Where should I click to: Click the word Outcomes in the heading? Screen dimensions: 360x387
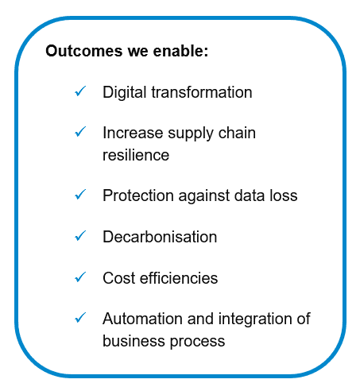click(x=84, y=51)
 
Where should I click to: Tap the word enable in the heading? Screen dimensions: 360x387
click(x=180, y=51)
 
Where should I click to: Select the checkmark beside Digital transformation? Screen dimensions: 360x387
click(x=80, y=91)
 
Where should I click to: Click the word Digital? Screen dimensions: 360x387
click(x=125, y=93)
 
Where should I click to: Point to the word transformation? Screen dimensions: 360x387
click(x=202, y=92)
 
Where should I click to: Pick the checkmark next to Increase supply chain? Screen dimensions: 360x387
click(x=80, y=132)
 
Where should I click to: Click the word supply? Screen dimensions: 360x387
click(x=191, y=134)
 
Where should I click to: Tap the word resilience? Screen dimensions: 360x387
click(x=136, y=155)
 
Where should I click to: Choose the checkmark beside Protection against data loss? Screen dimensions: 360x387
click(x=80, y=195)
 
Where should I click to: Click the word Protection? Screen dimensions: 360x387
click(x=138, y=195)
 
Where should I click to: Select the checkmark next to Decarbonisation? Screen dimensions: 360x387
click(x=80, y=235)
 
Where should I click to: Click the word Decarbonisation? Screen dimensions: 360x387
click(x=160, y=237)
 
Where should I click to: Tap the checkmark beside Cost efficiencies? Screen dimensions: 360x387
click(x=80, y=277)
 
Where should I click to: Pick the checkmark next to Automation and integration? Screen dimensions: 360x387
click(x=80, y=317)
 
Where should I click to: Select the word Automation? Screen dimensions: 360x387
click(x=142, y=319)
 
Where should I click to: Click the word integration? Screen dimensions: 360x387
click(x=255, y=319)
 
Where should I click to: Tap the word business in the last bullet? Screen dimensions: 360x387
click(x=134, y=341)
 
